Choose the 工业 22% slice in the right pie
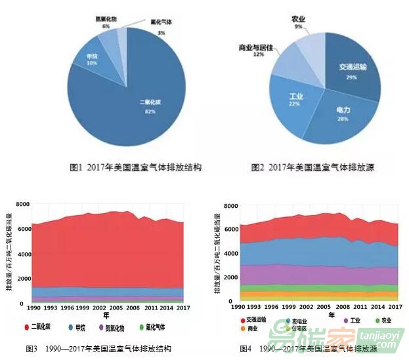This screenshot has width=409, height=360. click(x=295, y=100)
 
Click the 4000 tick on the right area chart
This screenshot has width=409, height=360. click(x=230, y=253)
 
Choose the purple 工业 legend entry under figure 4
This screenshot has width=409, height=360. click(x=351, y=321)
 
